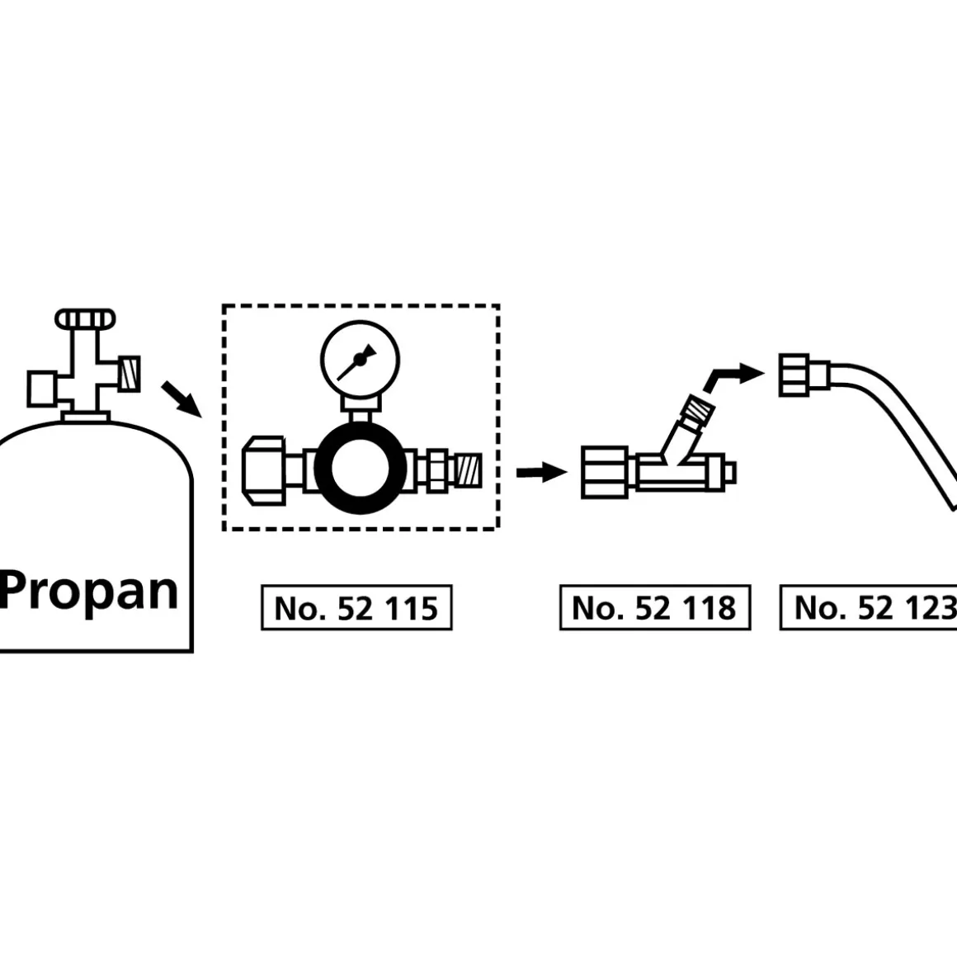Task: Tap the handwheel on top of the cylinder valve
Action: coord(85,318)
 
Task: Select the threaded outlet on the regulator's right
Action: coord(466,470)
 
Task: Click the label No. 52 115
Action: coord(356,609)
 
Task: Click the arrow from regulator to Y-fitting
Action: coord(541,472)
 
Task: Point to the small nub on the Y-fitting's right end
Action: coord(729,472)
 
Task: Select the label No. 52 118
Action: coord(654,609)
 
